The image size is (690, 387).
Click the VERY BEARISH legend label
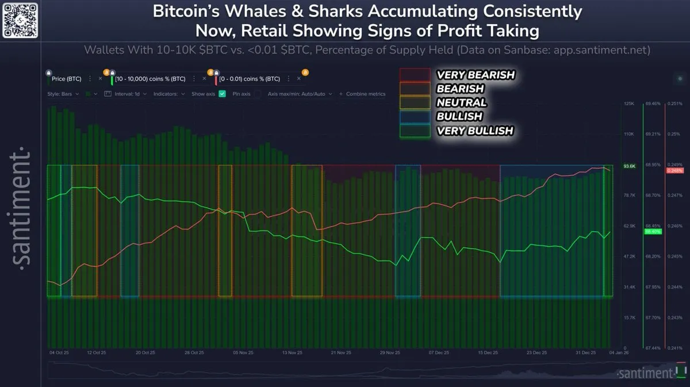(475, 75)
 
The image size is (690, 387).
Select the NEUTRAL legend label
(461, 103)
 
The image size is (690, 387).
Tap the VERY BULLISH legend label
(474, 131)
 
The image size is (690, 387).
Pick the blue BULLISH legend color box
(415, 117)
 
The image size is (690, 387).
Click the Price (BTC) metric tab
(66, 79)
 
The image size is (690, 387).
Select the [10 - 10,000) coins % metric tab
(149, 79)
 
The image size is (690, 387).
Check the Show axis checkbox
(222, 93)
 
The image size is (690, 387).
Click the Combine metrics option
(362, 93)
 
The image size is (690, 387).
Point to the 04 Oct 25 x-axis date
(59, 352)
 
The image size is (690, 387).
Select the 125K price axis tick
(628, 104)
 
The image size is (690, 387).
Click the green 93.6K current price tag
(629, 166)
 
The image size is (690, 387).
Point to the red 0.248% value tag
(674, 171)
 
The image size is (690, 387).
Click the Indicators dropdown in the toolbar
(169, 93)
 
